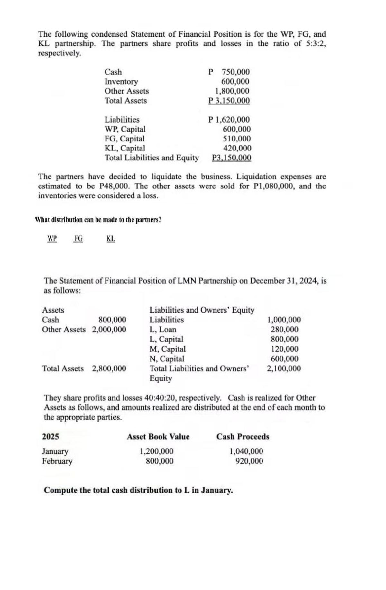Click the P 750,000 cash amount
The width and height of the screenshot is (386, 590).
pos(229,72)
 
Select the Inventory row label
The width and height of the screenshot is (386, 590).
pos(121,82)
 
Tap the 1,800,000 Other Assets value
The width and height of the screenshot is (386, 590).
pos(232,91)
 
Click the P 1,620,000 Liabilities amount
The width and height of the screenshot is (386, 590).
pos(229,120)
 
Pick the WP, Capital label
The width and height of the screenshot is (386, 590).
pos(125,129)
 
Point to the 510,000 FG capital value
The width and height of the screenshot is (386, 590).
pos(237,139)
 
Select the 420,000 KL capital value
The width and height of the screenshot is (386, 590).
pos(237,148)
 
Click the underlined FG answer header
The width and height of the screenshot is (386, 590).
pos(78,239)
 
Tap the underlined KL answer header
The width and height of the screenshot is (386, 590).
pos(111,239)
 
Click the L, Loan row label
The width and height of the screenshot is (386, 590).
pos(163,330)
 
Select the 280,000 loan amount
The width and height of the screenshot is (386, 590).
pos(284,330)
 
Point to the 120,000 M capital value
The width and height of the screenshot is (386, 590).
pos(284,349)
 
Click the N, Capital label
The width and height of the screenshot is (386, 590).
pos(167,359)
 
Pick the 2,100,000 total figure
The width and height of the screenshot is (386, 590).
pos(284,368)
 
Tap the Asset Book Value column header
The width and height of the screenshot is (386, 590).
pos(158,437)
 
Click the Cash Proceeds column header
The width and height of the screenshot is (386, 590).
pos(243,437)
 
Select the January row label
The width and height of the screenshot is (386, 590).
pos(55,451)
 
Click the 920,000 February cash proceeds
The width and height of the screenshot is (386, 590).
pos(249,461)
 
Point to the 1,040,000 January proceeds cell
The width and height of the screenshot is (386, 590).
pos(246,451)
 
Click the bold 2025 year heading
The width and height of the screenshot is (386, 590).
pos(51,437)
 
